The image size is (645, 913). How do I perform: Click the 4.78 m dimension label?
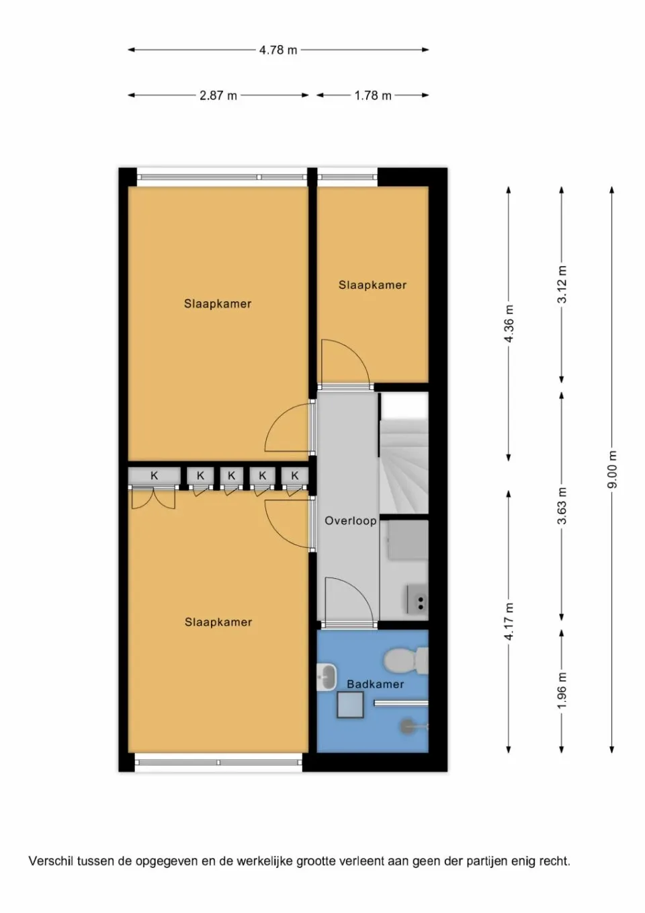coord(278,50)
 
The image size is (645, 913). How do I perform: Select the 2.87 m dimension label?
coord(218,95)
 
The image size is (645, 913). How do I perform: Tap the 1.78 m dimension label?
coord(373,95)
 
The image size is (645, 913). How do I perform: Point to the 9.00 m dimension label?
coord(611,470)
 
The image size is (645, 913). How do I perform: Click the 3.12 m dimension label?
coord(562,284)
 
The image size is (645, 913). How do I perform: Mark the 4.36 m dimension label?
coord(509,324)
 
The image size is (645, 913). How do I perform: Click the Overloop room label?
coord(350,520)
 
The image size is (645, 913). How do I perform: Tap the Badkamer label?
coord(375,684)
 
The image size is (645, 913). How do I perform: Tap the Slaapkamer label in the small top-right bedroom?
coord(372,285)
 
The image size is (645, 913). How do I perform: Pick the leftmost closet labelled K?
coord(155,475)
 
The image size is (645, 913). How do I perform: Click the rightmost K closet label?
coord(294,475)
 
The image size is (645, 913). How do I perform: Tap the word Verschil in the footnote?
coord(51,861)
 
